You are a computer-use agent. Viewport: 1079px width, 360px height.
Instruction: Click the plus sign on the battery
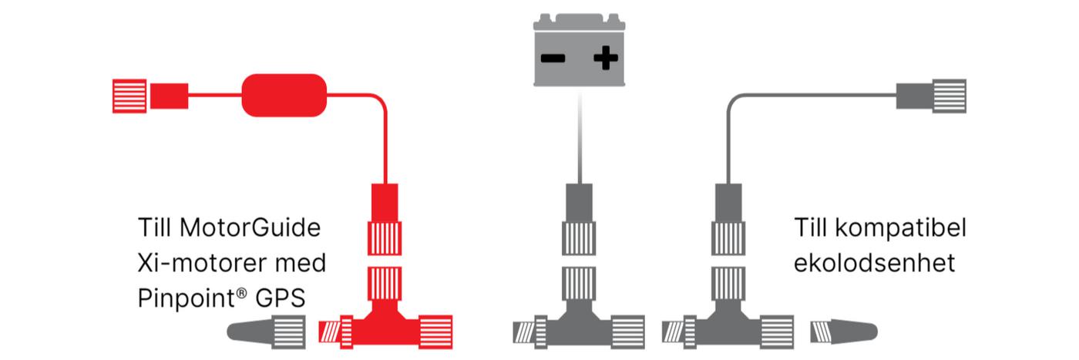[x=606, y=58]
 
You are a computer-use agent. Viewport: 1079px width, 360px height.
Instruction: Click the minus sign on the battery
[x=553, y=59]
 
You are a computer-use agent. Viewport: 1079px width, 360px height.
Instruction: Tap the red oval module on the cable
[x=284, y=96]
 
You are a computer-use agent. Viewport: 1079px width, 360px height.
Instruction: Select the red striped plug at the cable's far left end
[x=129, y=96]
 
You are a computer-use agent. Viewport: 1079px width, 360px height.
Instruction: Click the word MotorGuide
[x=250, y=227]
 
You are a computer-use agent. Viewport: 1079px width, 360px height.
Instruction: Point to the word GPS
[x=281, y=298]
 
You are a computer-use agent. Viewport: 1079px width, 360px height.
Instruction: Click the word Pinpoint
[x=192, y=298]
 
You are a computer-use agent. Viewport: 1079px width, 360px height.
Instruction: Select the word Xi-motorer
[x=202, y=263]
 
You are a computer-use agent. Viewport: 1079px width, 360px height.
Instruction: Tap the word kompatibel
[x=901, y=228]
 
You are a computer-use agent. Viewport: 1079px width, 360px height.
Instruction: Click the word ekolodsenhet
[x=874, y=263]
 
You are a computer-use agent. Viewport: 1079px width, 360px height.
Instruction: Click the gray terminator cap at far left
[x=267, y=331]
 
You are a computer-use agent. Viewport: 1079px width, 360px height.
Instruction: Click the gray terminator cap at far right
[x=844, y=332]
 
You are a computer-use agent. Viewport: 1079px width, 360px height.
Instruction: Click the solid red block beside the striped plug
[x=169, y=96]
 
